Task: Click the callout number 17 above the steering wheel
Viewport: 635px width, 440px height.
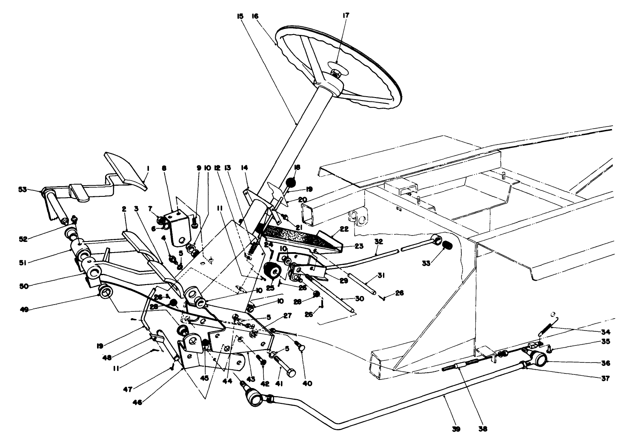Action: pyautogui.click(x=345, y=15)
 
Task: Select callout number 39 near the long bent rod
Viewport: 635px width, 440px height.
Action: pyautogui.click(x=456, y=429)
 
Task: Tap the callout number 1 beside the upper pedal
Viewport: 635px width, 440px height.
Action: pyautogui.click(x=148, y=169)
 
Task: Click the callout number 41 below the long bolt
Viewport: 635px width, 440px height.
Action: pyautogui.click(x=280, y=384)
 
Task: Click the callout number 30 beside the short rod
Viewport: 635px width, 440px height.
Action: pyautogui.click(x=360, y=299)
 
